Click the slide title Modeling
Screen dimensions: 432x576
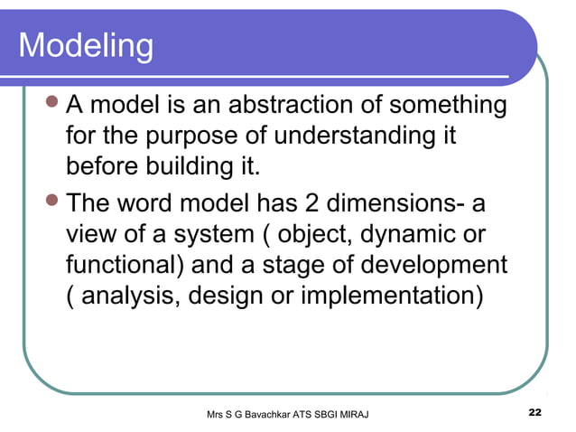tap(86, 46)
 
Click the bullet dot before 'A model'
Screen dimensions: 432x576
tap(53, 106)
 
